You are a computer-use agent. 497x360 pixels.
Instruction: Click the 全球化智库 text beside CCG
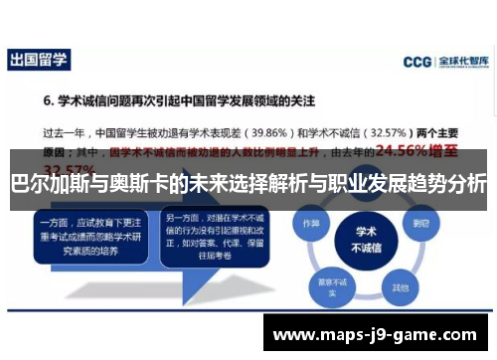463,62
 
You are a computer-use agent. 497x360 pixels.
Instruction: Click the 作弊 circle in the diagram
311,225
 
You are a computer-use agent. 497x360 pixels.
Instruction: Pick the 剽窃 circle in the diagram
421,223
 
